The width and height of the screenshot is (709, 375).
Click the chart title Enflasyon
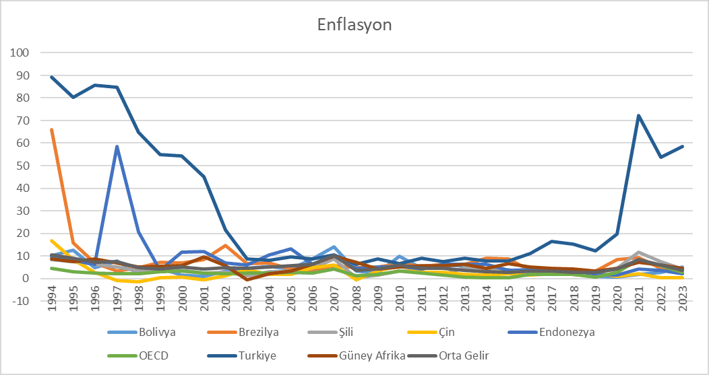click(354, 26)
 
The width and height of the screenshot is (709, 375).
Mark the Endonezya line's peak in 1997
click(117, 147)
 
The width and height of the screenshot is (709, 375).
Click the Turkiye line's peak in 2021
click(638, 116)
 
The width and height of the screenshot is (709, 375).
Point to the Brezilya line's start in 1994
click(52, 130)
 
